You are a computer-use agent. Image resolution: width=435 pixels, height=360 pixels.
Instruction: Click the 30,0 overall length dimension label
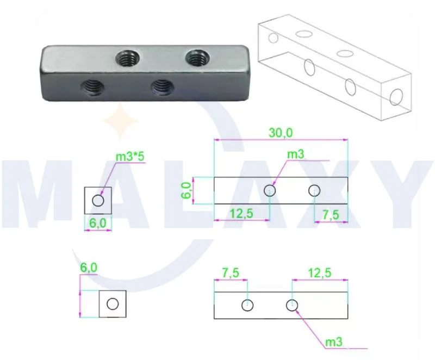(281, 133)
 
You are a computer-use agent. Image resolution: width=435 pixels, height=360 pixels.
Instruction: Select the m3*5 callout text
(130, 157)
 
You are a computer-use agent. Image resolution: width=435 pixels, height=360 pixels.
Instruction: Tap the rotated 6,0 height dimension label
(187, 190)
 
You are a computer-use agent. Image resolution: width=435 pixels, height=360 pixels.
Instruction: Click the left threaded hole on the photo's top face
(127, 59)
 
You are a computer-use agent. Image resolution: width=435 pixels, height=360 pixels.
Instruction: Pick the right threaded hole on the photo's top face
(197, 58)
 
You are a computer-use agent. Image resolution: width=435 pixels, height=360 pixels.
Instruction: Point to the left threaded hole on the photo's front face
(93, 87)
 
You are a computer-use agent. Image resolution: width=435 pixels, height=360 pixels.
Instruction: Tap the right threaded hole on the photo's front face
(163, 87)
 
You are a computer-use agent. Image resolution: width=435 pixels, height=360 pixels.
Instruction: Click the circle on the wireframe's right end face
(396, 97)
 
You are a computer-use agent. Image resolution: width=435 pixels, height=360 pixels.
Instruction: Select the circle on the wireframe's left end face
(274, 38)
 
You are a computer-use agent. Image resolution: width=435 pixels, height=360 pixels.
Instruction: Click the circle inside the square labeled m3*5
(98, 200)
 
